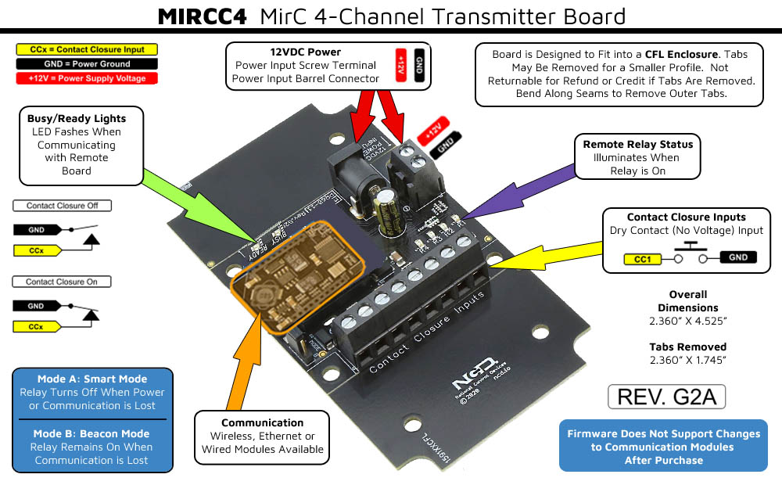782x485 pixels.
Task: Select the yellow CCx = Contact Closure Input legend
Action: pyautogui.click(x=86, y=49)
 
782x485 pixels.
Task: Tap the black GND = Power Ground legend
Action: pyautogui.click(x=86, y=63)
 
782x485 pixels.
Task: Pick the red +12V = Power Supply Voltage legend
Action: pyautogui.click(x=86, y=78)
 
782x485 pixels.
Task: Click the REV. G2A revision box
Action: pyautogui.click(x=666, y=396)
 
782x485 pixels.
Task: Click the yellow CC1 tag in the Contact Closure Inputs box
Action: pyautogui.click(x=643, y=257)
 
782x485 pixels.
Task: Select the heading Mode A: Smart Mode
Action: pyautogui.click(x=93, y=379)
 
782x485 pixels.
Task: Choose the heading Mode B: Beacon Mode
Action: pyautogui.click(x=93, y=433)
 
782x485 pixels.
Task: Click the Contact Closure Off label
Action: pyautogui.click(x=62, y=206)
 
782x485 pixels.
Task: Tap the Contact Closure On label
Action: pyautogui.click(x=62, y=282)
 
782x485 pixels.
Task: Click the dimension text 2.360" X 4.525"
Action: pyautogui.click(x=688, y=321)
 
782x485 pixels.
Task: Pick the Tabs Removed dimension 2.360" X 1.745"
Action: pyautogui.click(x=688, y=360)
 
